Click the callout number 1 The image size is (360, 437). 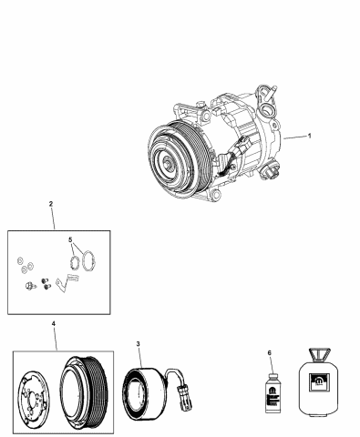(310, 136)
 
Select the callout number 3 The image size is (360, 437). (138, 343)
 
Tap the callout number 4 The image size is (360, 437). (54, 323)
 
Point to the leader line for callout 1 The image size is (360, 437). (293, 137)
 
